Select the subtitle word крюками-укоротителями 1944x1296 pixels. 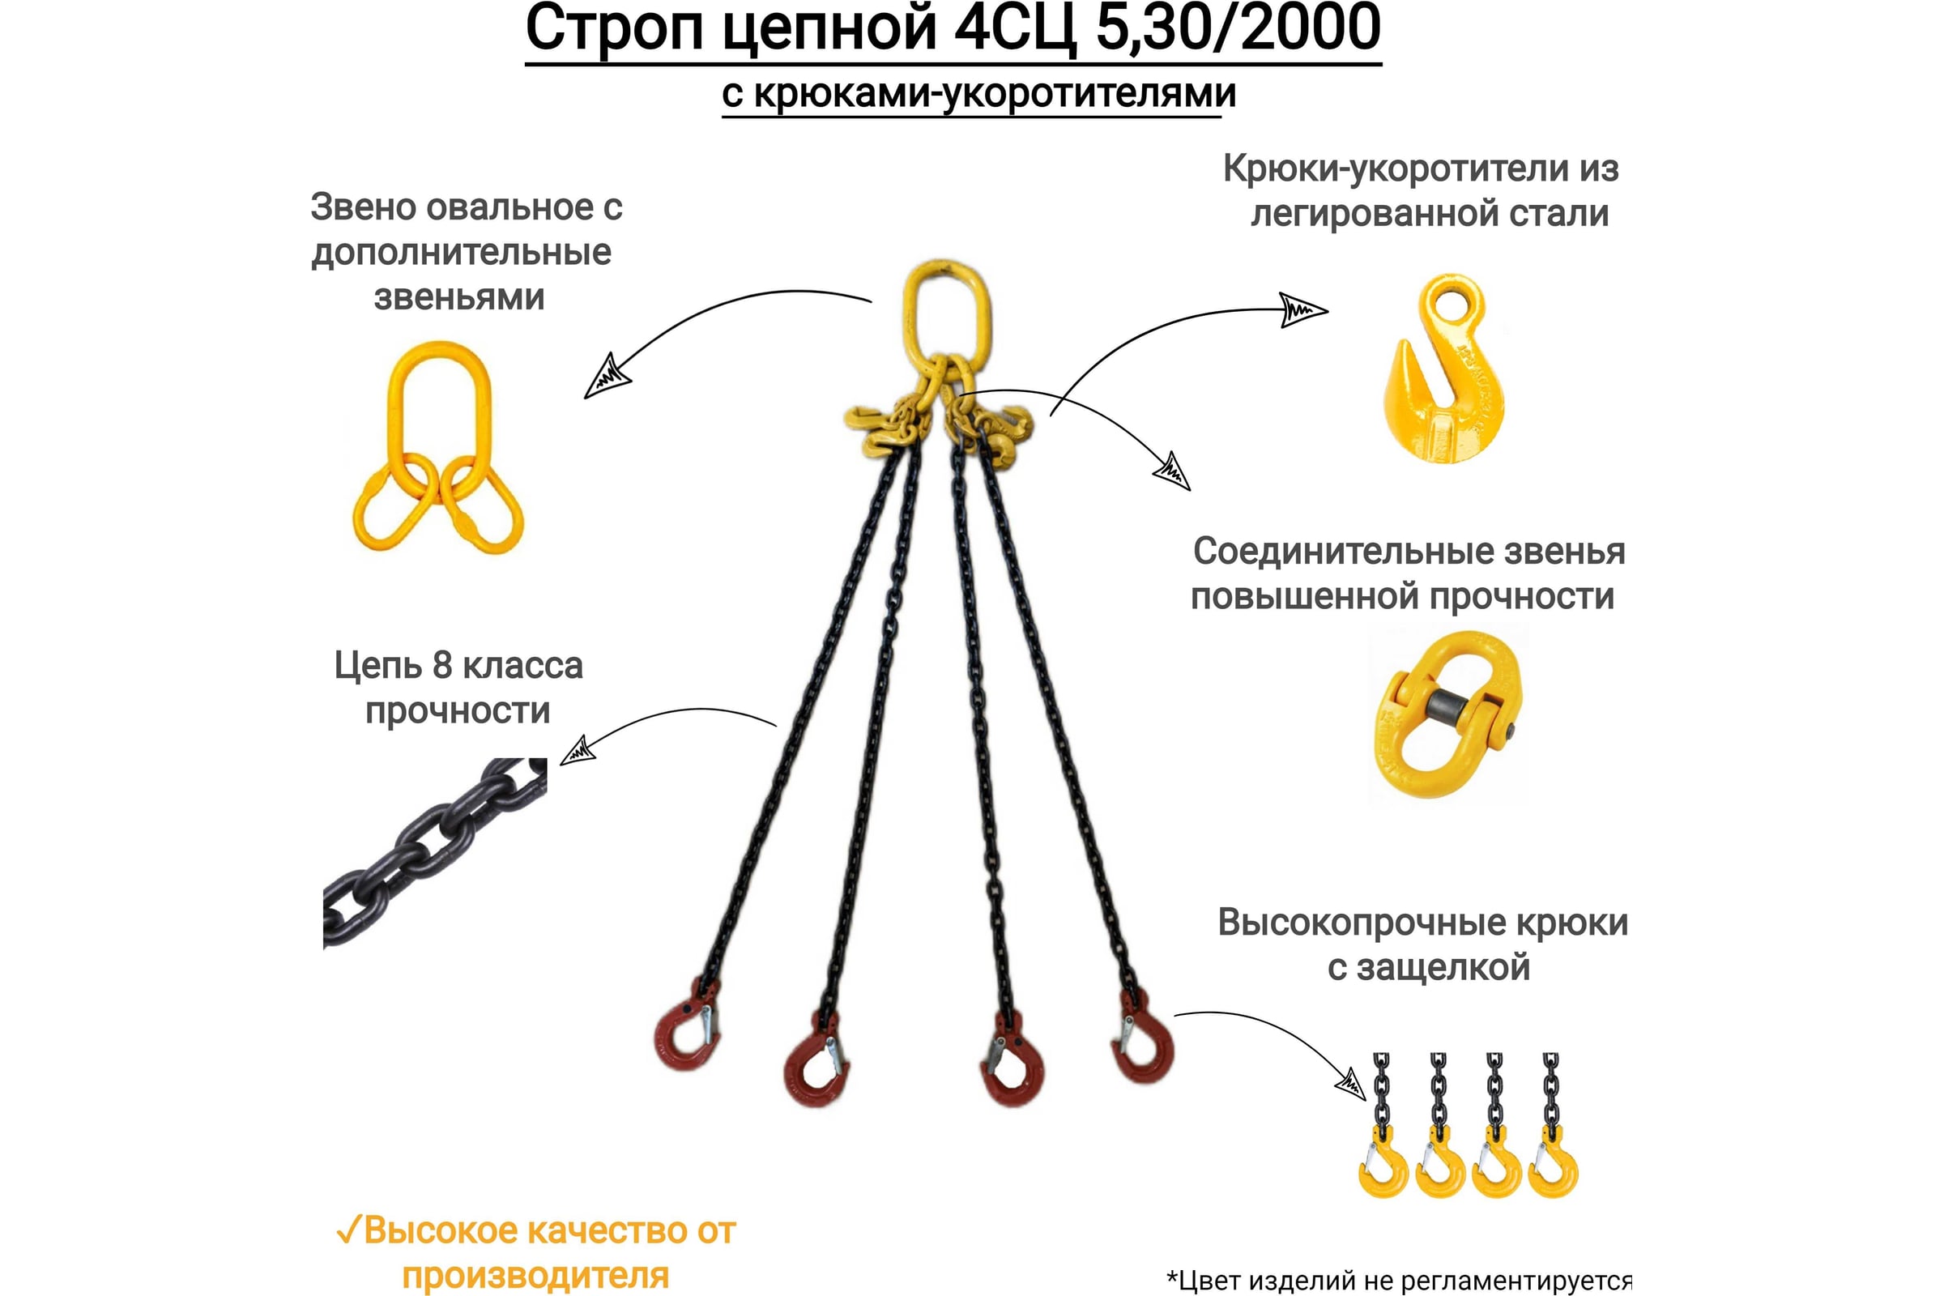995,93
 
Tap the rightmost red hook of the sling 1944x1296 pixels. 1142,1038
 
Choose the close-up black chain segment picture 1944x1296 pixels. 435,851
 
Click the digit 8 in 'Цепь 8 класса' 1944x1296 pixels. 442,666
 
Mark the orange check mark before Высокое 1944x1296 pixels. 349,1230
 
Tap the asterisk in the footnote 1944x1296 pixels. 1171,1278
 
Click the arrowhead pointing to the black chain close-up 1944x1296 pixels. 577,752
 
